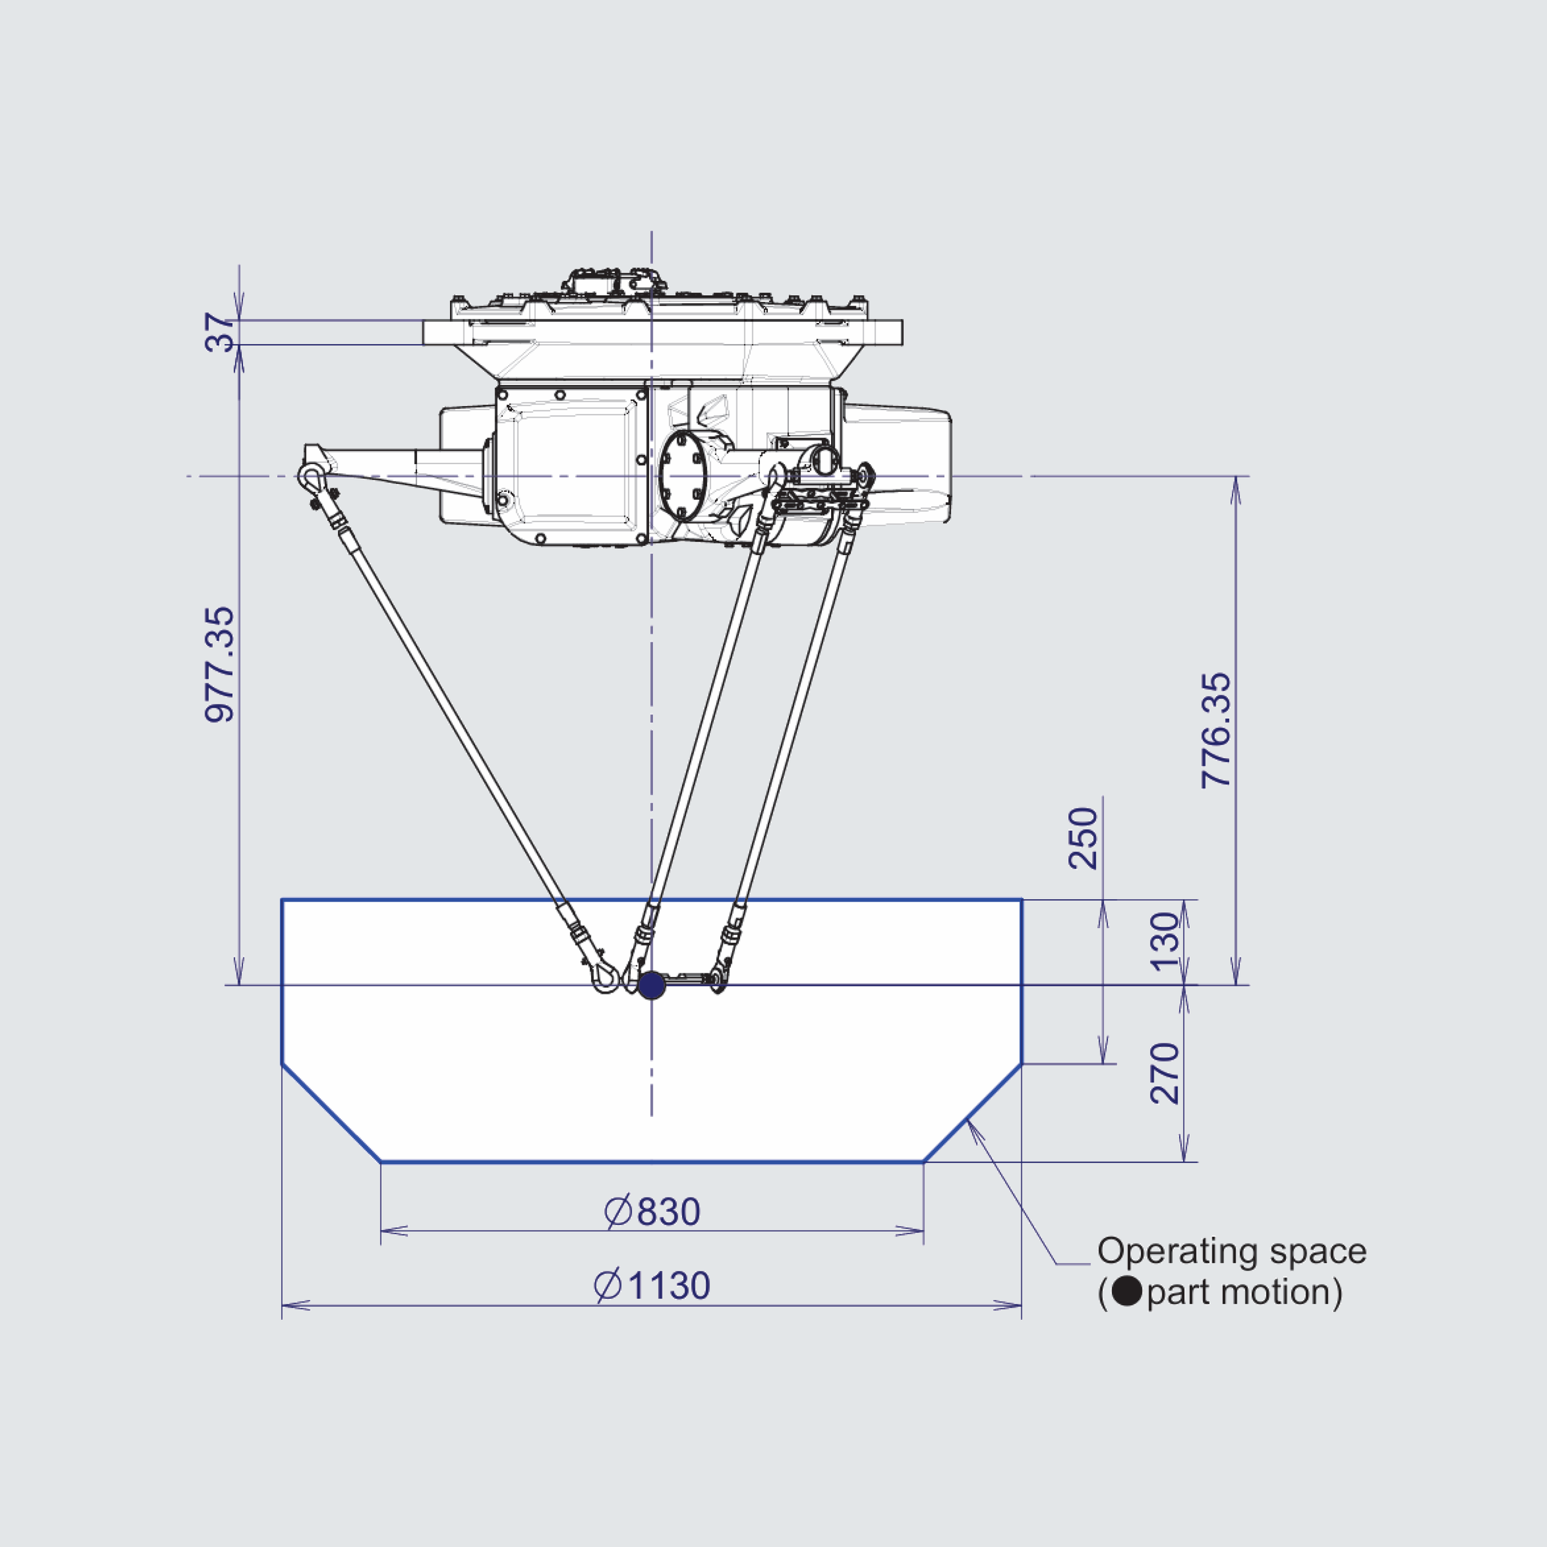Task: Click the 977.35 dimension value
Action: [220, 665]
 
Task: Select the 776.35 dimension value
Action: [1217, 730]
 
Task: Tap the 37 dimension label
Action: [220, 333]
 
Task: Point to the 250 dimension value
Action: [1084, 838]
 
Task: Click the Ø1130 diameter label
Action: [652, 1285]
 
